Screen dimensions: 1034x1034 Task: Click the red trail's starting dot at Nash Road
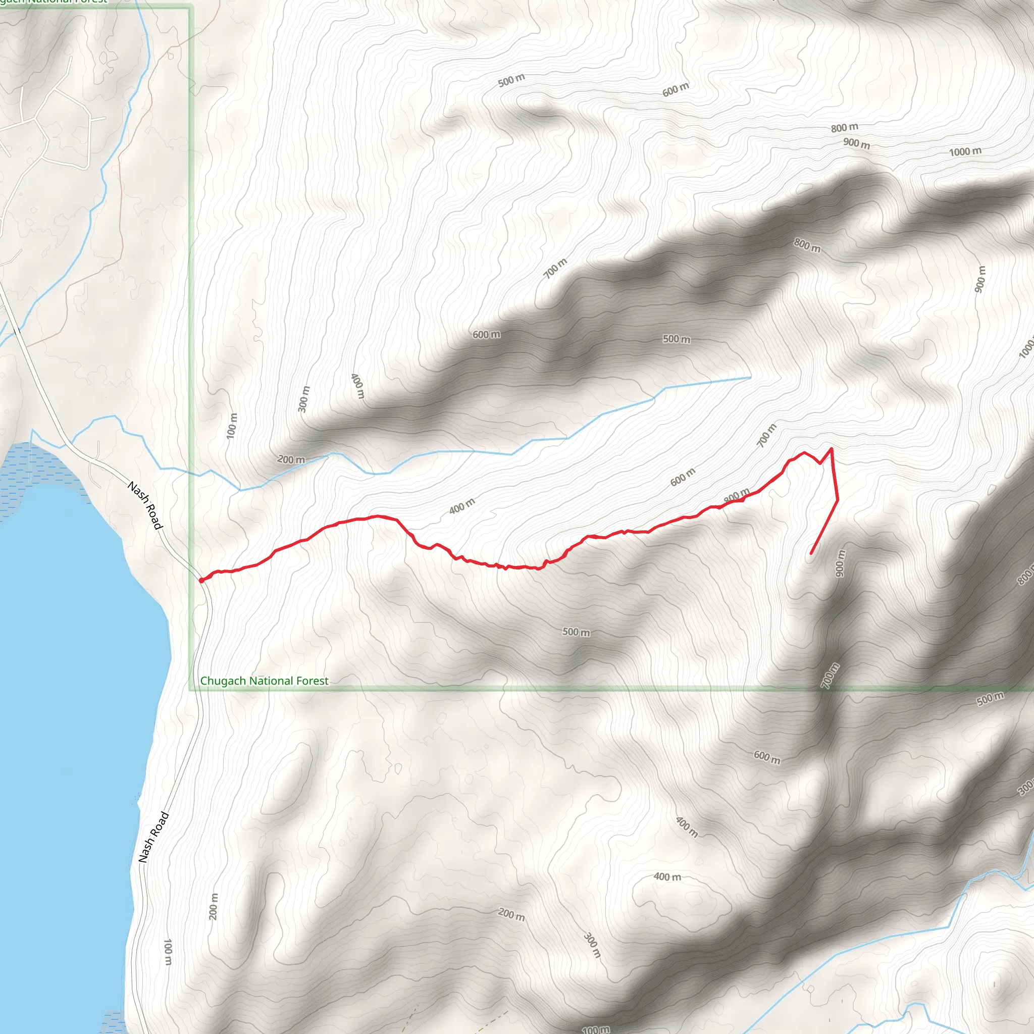pyautogui.click(x=201, y=580)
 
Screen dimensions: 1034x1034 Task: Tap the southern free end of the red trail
pyautogui.click(x=811, y=553)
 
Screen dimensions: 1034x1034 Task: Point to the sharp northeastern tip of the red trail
pyautogui.click(x=831, y=448)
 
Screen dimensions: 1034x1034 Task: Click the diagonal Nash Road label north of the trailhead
pyautogui.click(x=144, y=505)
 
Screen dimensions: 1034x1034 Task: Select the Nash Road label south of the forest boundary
pyautogui.click(x=153, y=837)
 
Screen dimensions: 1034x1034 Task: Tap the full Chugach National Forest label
pyautogui.click(x=264, y=681)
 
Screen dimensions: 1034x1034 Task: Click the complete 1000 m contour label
pyautogui.click(x=965, y=151)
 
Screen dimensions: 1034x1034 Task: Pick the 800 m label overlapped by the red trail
pyautogui.click(x=737, y=496)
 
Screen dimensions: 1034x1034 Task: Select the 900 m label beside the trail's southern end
pyautogui.click(x=841, y=563)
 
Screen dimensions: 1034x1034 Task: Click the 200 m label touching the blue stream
pyautogui.click(x=291, y=459)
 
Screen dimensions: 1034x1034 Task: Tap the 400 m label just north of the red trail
pyautogui.click(x=462, y=506)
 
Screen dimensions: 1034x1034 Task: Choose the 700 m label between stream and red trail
pyautogui.click(x=766, y=435)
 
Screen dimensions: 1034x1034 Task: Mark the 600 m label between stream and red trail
pyautogui.click(x=683, y=476)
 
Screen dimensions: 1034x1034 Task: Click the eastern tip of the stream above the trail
pyautogui.click(x=750, y=377)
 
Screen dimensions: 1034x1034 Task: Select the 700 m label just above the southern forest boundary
pyautogui.click(x=830, y=676)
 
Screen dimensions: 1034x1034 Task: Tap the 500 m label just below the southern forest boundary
pyautogui.click(x=990, y=698)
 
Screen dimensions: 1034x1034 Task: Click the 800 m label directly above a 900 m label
pyautogui.click(x=845, y=127)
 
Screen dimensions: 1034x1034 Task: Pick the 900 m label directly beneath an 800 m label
pyautogui.click(x=856, y=143)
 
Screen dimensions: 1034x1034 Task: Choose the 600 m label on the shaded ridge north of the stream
pyautogui.click(x=487, y=335)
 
